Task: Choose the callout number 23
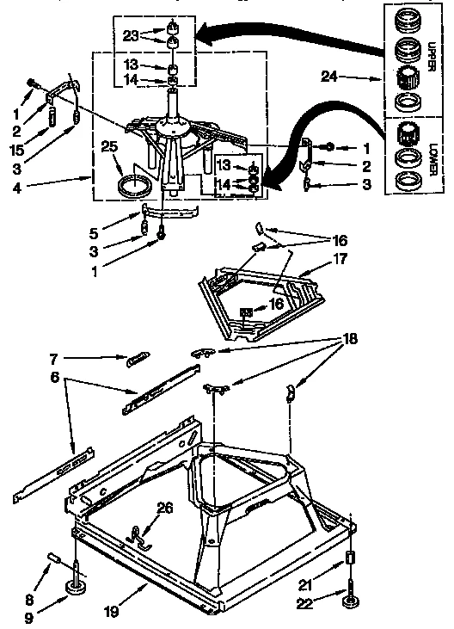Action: pos(130,37)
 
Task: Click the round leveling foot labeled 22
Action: pos(350,599)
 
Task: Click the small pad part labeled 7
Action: pos(138,360)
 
